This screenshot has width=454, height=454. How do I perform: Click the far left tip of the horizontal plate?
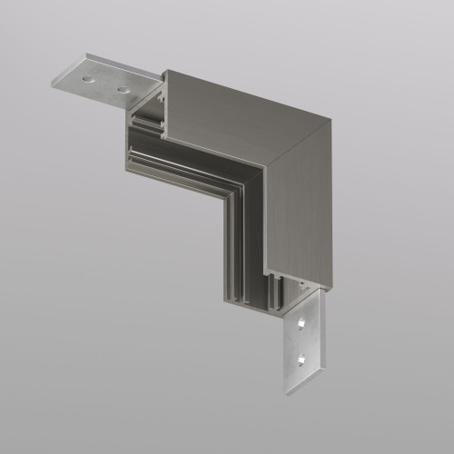(53, 84)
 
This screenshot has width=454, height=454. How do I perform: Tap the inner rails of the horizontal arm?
(182, 163)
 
